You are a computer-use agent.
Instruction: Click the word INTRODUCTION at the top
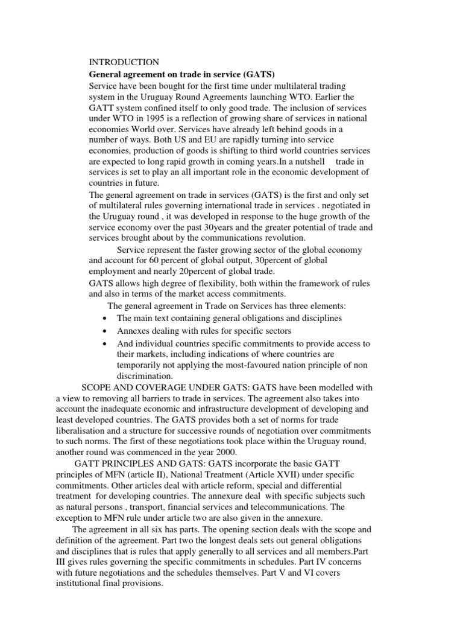[x=124, y=62]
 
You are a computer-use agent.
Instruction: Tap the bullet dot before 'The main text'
[x=105, y=319]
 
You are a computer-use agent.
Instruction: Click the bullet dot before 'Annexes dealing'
[x=105, y=331]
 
